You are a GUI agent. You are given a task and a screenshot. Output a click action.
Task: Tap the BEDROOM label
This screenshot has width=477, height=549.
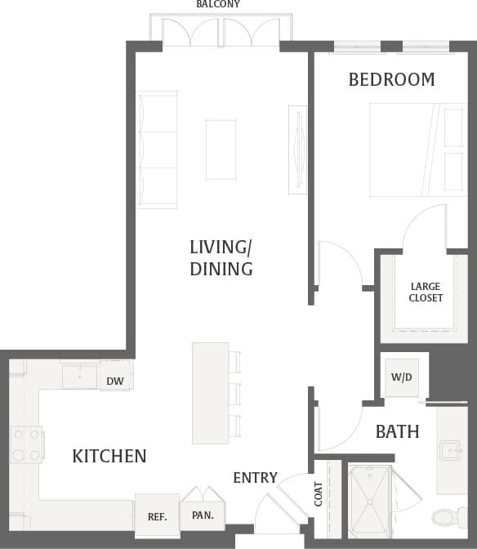click(x=391, y=79)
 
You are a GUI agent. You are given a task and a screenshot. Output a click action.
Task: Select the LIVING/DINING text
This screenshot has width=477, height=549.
click(x=221, y=257)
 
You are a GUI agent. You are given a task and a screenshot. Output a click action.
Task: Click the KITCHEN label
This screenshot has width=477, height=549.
click(x=109, y=456)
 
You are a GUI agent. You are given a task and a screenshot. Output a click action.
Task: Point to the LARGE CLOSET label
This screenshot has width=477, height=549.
click(x=426, y=292)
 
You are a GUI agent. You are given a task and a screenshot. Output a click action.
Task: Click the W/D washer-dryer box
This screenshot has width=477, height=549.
click(x=402, y=377)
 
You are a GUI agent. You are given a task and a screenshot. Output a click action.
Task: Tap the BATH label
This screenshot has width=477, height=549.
click(x=397, y=431)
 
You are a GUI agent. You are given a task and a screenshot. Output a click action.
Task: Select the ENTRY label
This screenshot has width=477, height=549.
click(x=255, y=477)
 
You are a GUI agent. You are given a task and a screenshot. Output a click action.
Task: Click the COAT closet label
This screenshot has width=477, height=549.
click(x=319, y=493)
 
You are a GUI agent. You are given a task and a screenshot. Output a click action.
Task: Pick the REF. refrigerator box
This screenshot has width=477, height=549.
click(x=157, y=516)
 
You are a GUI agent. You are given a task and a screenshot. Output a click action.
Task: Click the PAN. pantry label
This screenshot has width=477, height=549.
click(x=203, y=516)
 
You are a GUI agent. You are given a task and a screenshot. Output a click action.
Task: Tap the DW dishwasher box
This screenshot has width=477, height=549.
click(x=115, y=380)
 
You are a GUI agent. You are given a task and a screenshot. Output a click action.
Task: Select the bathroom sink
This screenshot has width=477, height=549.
click(x=452, y=450)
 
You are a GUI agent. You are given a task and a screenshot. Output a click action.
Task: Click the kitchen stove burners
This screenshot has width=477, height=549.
click(x=26, y=445)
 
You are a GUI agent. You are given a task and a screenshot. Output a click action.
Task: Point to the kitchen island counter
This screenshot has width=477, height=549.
click(x=210, y=393)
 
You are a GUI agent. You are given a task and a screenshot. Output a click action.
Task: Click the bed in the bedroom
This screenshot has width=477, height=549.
click(x=417, y=149)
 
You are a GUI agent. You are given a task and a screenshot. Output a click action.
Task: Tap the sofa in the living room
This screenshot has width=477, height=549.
click(x=157, y=149)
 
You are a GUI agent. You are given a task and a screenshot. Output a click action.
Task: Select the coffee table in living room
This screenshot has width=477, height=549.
click(x=221, y=149)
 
